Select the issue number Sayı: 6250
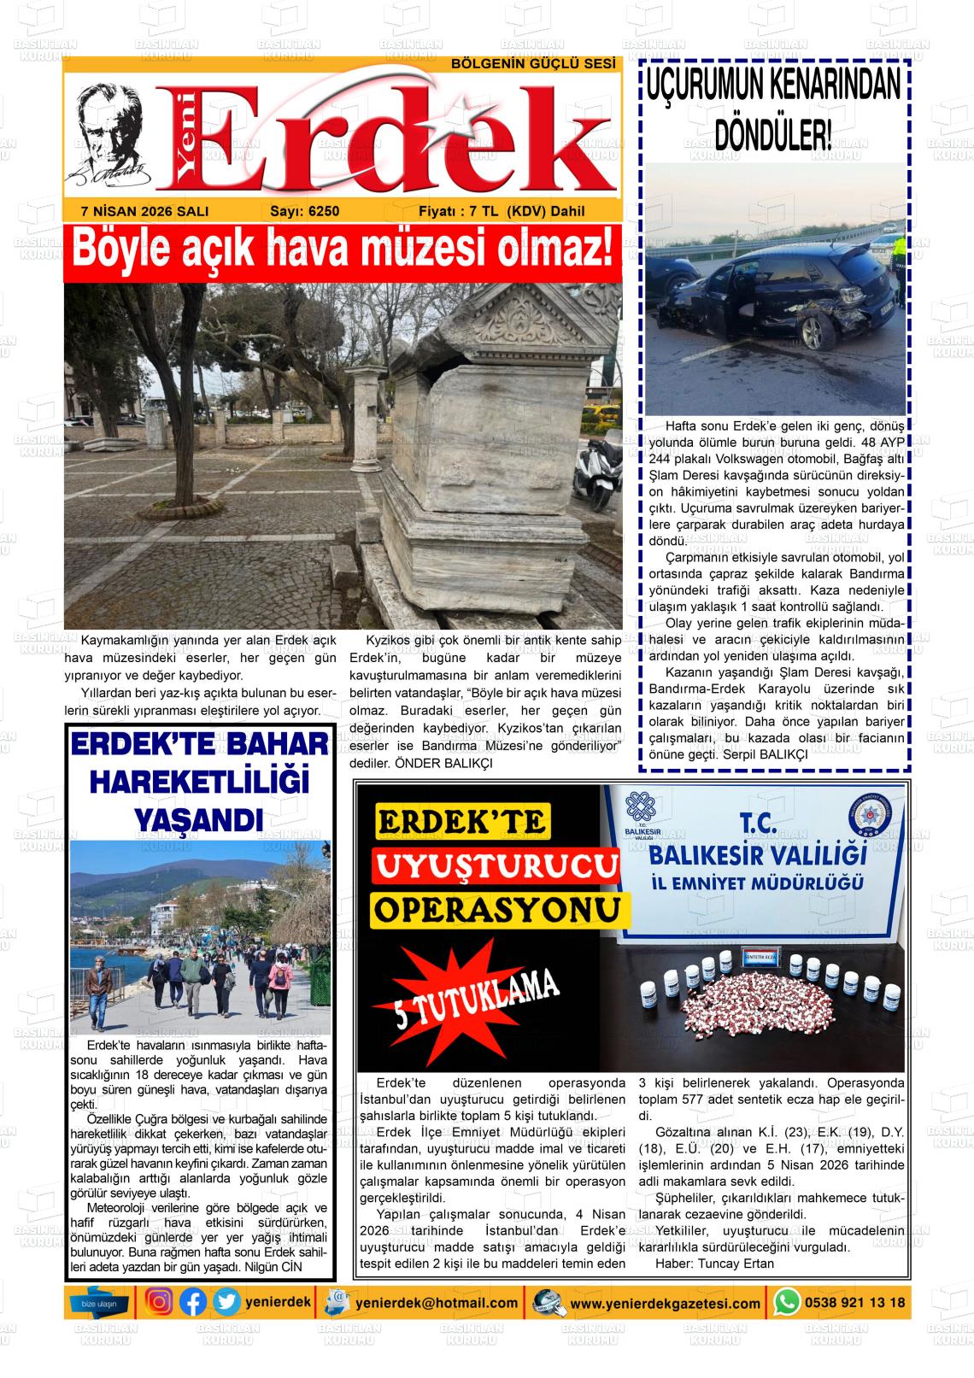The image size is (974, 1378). (x=304, y=211)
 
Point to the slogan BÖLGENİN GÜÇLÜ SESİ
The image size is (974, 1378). (x=533, y=65)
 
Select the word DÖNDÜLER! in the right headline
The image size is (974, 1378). (x=772, y=134)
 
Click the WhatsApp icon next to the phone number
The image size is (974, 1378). (x=785, y=1302)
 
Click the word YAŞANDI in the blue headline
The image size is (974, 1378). (x=197, y=821)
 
